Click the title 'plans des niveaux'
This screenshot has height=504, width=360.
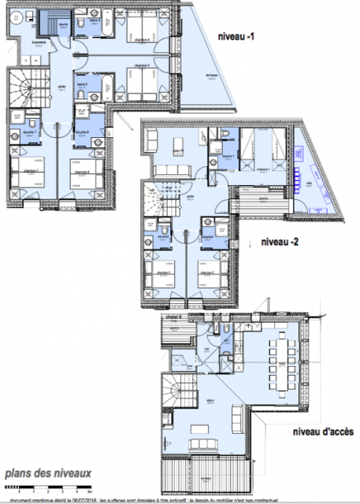[48, 473]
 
